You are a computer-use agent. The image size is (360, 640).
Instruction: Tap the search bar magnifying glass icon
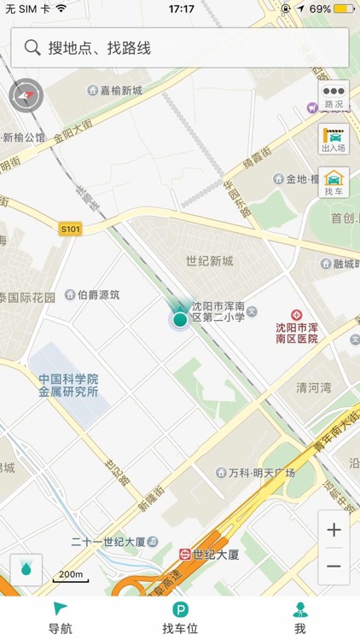(32, 48)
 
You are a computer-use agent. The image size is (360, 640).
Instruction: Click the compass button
(26, 96)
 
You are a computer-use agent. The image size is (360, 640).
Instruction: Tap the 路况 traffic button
(334, 96)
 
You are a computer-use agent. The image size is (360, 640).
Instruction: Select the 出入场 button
(334, 138)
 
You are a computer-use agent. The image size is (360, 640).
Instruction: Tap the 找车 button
(334, 182)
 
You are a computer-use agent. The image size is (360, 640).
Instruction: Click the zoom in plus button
(334, 530)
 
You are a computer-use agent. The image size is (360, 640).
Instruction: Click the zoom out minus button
(334, 567)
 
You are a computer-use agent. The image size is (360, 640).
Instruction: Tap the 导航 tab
(60, 617)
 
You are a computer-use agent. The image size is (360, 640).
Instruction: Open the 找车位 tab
(180, 617)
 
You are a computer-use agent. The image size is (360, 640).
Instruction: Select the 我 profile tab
(299, 617)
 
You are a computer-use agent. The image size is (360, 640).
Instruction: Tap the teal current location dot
(180, 320)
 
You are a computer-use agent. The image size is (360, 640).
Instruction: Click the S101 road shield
(69, 229)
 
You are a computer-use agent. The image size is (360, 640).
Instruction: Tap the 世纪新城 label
(209, 261)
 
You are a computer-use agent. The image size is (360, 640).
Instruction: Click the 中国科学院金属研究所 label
(68, 386)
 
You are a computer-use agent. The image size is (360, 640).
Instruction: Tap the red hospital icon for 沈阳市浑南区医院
(296, 315)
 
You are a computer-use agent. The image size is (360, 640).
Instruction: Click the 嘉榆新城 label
(120, 90)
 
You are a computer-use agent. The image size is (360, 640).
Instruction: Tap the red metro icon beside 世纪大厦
(184, 554)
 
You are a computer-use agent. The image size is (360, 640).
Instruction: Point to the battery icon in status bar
(344, 9)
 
